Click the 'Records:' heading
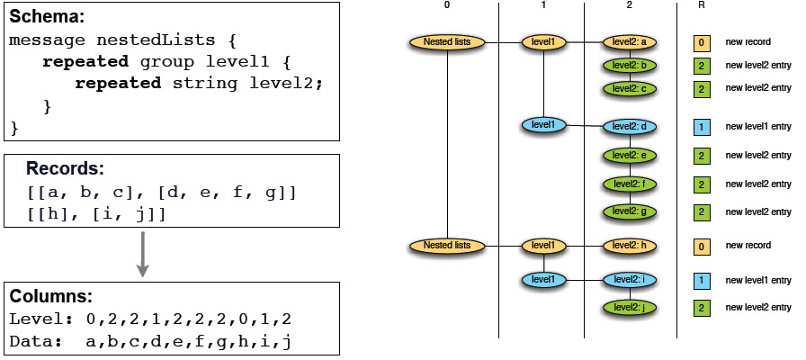click(x=65, y=168)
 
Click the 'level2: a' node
click(x=631, y=41)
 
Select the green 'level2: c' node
click(x=631, y=88)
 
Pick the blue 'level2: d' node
click(x=631, y=126)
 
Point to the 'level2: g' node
click(x=631, y=211)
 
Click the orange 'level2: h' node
click(x=631, y=245)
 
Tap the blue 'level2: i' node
click(x=631, y=280)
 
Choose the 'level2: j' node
click(x=631, y=308)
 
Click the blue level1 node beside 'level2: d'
click(x=543, y=125)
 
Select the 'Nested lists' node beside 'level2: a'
click(x=447, y=41)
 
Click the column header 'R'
click(x=701, y=5)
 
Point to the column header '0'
click(x=447, y=5)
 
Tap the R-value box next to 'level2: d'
click(x=701, y=126)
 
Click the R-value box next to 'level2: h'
click(x=701, y=245)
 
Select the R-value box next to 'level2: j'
click(x=701, y=308)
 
